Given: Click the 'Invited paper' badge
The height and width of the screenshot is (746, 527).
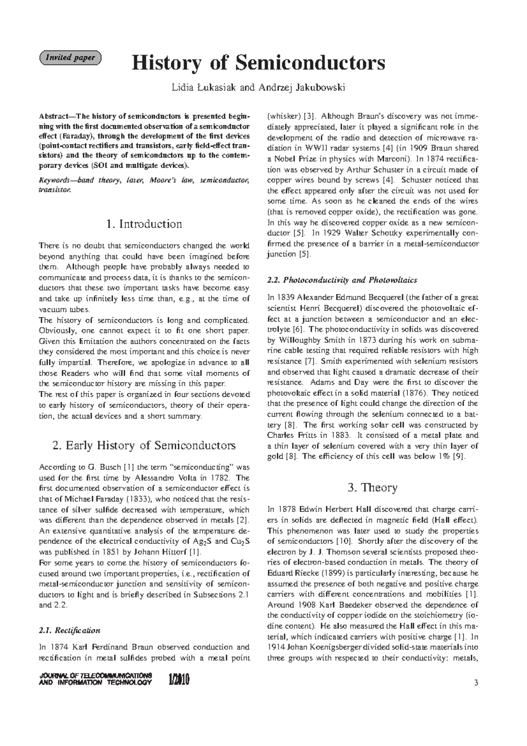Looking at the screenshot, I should (70, 58).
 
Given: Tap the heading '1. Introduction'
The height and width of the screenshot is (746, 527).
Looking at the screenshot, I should (144, 224).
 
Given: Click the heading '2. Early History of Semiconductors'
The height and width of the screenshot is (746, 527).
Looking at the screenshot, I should (144, 445).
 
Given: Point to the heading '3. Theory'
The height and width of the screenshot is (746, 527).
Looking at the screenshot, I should (372, 488).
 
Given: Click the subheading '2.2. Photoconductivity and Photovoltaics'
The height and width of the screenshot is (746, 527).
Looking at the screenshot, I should (342, 280).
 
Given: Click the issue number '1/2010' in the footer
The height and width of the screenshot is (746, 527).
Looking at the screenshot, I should (178, 681).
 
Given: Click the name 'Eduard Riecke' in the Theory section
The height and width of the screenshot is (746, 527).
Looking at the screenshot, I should (293, 573).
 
